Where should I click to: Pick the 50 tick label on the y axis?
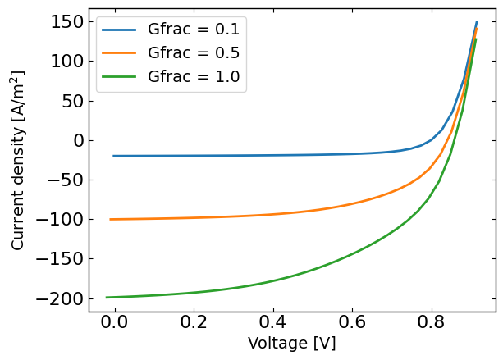tap(71, 101)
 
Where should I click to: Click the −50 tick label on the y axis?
tap(62, 180)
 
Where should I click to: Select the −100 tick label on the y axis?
tap(57, 220)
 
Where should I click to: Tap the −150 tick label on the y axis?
tap(57, 259)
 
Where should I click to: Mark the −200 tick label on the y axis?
tap(57, 299)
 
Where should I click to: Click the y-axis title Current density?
tap(18, 160)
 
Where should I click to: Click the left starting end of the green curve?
tap(107, 298)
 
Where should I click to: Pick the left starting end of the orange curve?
tap(110, 219)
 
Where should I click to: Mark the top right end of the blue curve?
tap(477, 22)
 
